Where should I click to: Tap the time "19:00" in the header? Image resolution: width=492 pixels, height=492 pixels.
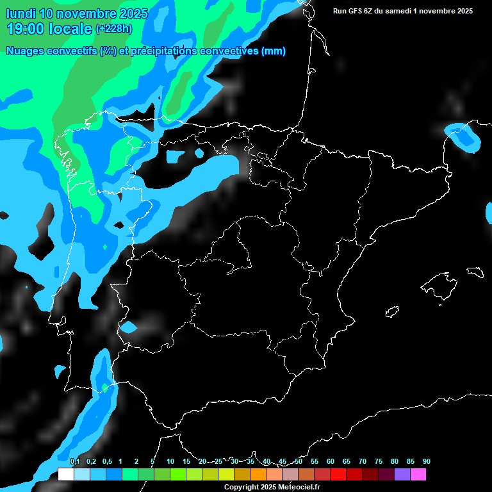(x=26, y=29)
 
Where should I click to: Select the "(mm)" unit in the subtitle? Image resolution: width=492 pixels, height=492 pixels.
(x=274, y=51)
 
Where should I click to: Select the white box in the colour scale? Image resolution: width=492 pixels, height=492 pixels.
(x=65, y=474)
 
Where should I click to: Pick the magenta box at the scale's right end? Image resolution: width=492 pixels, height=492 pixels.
(x=418, y=474)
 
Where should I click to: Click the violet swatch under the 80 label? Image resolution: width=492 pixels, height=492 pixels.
(x=402, y=474)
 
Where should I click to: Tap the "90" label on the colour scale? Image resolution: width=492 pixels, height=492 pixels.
(x=426, y=462)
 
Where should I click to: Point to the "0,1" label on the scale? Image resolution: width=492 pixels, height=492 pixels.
(x=74, y=462)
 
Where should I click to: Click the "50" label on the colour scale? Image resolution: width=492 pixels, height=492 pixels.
(x=299, y=462)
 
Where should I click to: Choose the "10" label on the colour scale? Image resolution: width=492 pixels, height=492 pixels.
(x=170, y=462)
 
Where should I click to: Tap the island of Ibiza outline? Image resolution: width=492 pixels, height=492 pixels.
(x=393, y=312)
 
